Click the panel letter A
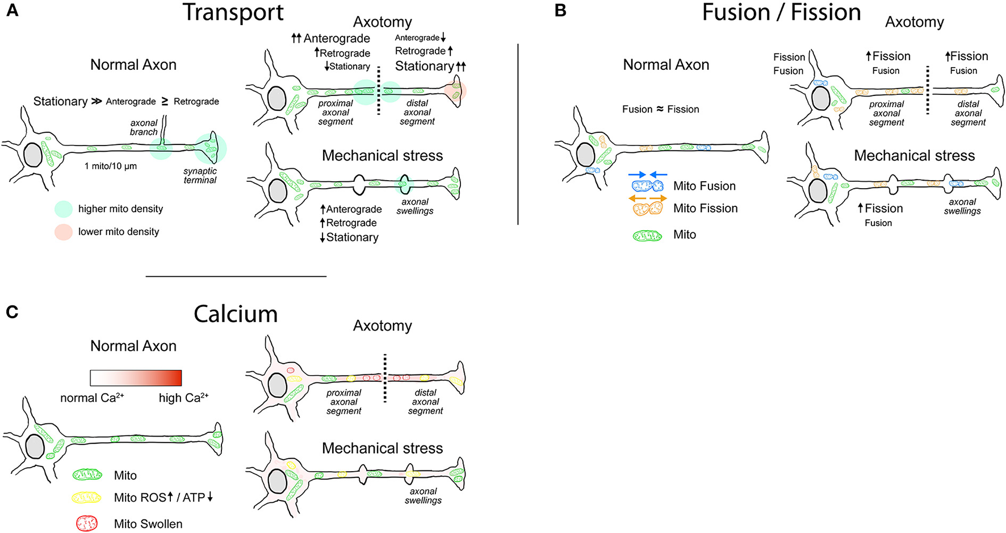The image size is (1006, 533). point(12,11)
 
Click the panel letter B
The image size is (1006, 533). point(560,11)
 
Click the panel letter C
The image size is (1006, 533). point(12,312)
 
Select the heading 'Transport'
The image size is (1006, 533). point(233,13)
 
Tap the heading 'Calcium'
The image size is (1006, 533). point(235,314)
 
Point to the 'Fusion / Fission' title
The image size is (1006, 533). point(781,13)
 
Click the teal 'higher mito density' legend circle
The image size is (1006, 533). point(64,209)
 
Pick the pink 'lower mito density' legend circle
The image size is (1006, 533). point(64,232)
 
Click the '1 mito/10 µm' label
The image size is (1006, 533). point(111,166)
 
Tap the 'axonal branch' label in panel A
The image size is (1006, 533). point(144,127)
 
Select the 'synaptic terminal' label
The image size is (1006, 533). point(200,176)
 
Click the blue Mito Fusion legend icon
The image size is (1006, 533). point(648,186)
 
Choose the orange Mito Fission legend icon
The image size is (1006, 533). point(648,209)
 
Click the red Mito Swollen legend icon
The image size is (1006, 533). point(87,523)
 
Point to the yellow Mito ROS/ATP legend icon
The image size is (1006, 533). point(87,498)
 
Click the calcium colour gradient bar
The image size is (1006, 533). point(136,378)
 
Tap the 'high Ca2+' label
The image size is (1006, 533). point(183,398)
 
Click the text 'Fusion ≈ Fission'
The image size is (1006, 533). point(660,109)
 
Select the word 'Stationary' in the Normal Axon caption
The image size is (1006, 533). point(60,102)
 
